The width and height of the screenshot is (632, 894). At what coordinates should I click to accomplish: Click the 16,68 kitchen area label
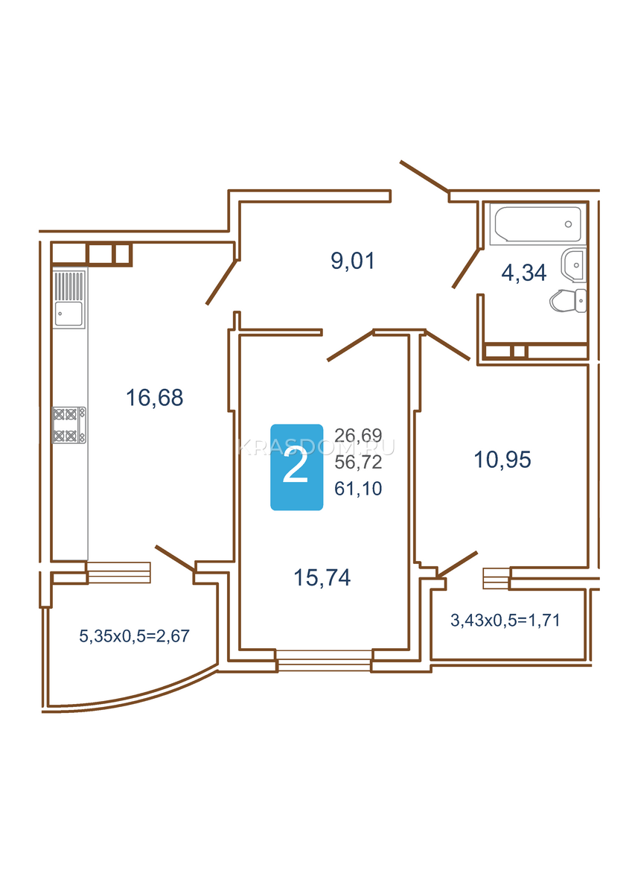[155, 398]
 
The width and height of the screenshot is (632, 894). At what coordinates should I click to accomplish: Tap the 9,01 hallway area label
[353, 261]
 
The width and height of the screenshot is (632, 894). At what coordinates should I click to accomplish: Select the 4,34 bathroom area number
[523, 273]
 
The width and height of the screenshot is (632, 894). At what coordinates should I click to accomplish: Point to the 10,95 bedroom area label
[502, 460]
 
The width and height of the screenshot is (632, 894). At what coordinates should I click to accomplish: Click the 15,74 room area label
[322, 577]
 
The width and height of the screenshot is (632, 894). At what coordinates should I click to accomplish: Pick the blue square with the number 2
[297, 467]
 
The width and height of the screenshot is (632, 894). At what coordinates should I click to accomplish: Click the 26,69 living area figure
[358, 435]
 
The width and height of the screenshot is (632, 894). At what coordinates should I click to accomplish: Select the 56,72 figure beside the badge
[358, 462]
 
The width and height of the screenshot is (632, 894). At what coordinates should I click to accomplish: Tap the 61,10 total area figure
[358, 489]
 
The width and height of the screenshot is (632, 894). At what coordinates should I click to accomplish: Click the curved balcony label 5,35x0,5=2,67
[135, 636]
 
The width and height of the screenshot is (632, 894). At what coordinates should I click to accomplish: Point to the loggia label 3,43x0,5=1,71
[505, 620]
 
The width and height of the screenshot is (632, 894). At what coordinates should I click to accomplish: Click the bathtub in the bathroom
[537, 224]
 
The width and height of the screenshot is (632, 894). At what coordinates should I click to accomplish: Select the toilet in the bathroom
[568, 300]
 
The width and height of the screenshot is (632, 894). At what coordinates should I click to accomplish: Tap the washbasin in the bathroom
[573, 264]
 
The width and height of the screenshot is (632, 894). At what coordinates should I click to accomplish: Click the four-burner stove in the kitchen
[69, 425]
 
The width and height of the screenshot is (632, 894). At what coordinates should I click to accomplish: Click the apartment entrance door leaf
[424, 177]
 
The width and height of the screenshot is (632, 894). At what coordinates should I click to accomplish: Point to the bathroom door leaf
[466, 267]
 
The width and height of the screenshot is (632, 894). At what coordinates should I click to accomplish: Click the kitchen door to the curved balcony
[175, 558]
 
